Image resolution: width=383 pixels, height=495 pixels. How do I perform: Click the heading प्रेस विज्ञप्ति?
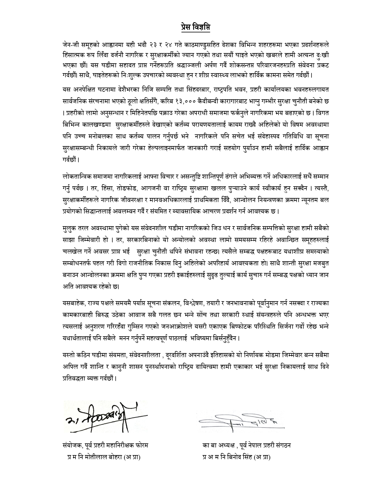click(x=191, y=27)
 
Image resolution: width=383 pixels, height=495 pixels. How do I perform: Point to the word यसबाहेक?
click(x=74, y=303)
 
